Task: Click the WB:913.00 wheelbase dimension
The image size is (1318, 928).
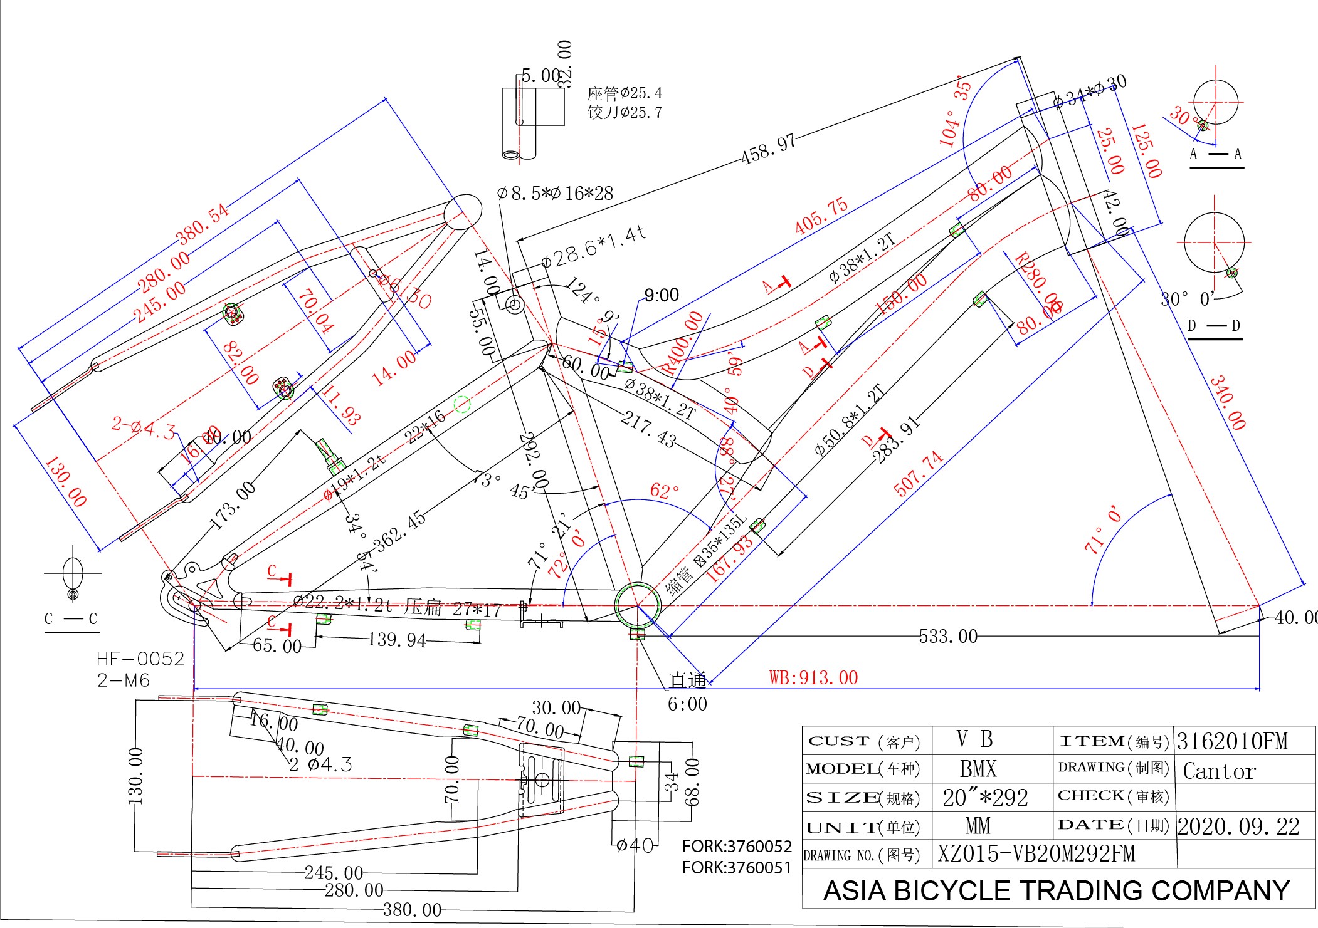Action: point(813,678)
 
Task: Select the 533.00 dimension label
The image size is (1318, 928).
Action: point(947,637)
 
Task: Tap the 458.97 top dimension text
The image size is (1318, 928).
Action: point(768,149)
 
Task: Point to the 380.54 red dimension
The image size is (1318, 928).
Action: point(203,224)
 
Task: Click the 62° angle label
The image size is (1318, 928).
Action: point(665,491)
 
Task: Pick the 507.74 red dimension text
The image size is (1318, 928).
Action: point(918,474)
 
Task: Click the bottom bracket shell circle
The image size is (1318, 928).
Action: point(638,606)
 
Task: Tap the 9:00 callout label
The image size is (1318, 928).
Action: point(661,295)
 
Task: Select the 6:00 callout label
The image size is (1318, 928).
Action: point(687,704)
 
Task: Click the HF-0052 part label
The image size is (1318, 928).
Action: point(140,659)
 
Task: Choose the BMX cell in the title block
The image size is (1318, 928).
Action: point(978,769)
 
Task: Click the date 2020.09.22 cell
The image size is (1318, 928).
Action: point(1238,826)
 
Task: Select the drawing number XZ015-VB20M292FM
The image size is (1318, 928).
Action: point(1036,853)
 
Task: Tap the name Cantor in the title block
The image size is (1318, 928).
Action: point(1219,771)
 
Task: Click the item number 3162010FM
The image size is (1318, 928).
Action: point(1231,741)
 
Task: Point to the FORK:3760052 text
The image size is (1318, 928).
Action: point(737,847)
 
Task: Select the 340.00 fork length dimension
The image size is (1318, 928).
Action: point(1227,402)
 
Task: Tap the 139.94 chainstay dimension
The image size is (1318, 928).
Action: point(397,640)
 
